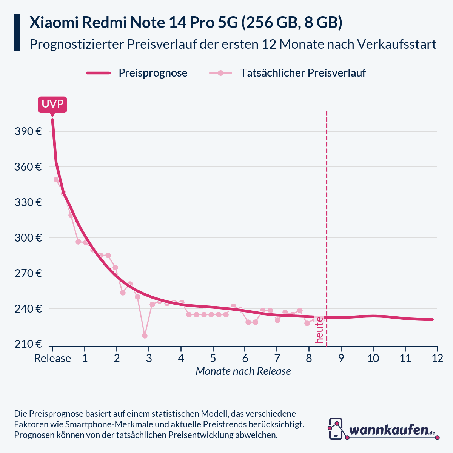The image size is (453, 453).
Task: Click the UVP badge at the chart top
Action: [x=52, y=105]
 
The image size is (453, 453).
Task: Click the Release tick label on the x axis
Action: [x=52, y=358]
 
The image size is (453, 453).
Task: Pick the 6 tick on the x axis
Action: [x=245, y=358]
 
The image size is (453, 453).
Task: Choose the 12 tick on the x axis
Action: [x=437, y=358]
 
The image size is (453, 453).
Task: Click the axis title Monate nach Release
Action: [x=243, y=371]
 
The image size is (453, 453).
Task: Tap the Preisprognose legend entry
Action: [x=153, y=73]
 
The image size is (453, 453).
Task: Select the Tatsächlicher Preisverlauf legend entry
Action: [x=303, y=73]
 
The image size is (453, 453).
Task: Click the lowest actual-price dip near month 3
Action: [x=145, y=336]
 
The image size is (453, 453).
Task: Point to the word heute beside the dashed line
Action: [x=319, y=330]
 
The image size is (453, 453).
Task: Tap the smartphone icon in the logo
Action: [x=336, y=429]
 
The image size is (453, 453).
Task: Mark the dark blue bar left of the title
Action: [x=17, y=32]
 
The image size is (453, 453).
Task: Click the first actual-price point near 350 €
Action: [x=56, y=180]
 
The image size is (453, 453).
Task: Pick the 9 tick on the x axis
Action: [x=341, y=358]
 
